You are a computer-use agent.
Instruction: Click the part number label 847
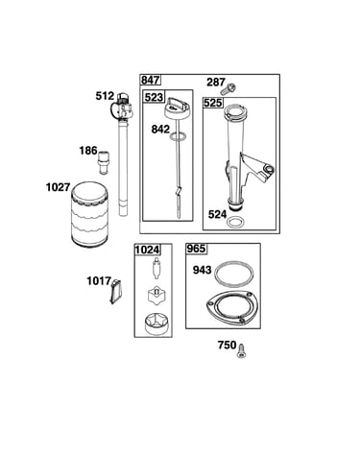[151, 80]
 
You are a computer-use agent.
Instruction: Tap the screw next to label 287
[231, 87]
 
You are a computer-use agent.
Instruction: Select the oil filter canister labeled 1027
[89, 215]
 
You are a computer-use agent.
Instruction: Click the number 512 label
[105, 96]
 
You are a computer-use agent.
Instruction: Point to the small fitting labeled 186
[104, 162]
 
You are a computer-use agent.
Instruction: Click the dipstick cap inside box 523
[177, 108]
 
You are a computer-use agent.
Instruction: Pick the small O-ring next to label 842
[178, 136]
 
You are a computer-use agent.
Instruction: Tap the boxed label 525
[213, 103]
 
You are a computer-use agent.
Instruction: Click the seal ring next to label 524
[236, 222]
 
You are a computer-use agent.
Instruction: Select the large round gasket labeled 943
[234, 274]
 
